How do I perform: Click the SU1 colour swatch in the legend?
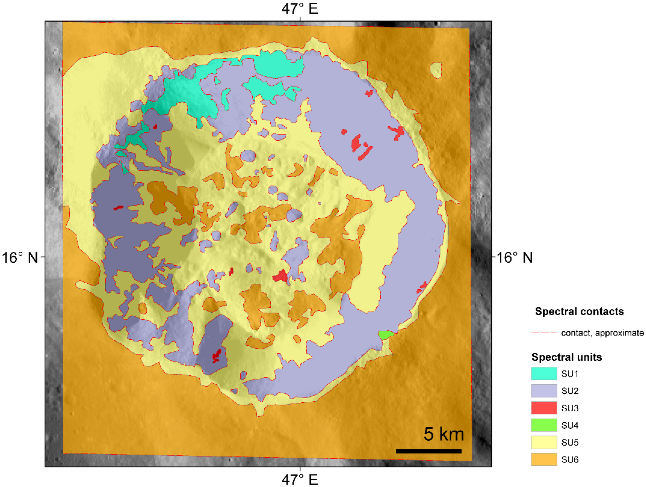pyautogui.click(x=544, y=373)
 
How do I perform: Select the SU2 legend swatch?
pyautogui.click(x=544, y=391)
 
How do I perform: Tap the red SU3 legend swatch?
pyautogui.click(x=544, y=408)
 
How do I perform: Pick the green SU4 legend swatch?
pyautogui.click(x=544, y=425)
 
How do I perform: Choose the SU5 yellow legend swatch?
pyautogui.click(x=544, y=442)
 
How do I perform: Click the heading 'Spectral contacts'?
pyautogui.click(x=579, y=312)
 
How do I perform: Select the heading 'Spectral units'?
pyautogui.click(x=567, y=357)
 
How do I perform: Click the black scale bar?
pyautogui.click(x=428, y=451)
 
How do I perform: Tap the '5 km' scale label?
pyautogui.click(x=444, y=434)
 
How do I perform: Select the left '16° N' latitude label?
pyautogui.click(x=20, y=258)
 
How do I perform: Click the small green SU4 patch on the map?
pyautogui.click(x=385, y=335)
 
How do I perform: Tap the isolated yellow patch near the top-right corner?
pyautogui.click(x=436, y=70)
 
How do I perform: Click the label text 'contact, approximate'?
pyautogui.click(x=602, y=333)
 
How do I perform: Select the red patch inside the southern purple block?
pyautogui.click(x=217, y=356)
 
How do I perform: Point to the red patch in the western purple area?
pyautogui.click(x=118, y=208)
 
